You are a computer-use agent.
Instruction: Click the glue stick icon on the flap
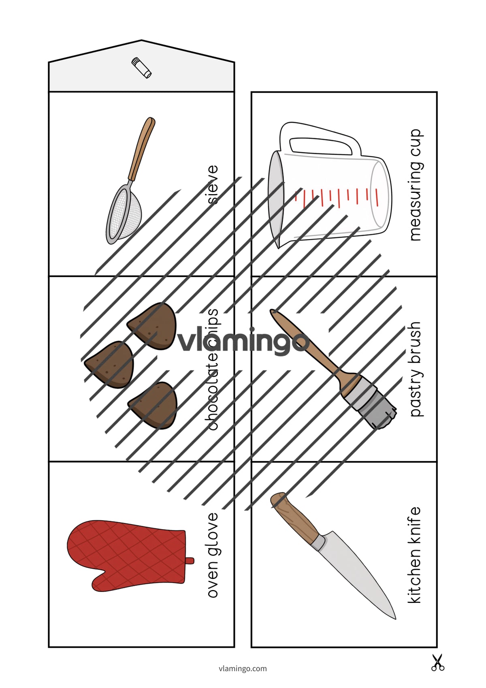tap(141, 68)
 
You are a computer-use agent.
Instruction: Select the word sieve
tap(213, 184)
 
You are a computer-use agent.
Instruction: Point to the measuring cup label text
tap(416, 185)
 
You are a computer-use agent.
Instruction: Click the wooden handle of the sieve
tap(141, 149)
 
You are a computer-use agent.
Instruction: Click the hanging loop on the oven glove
tap(190, 561)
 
